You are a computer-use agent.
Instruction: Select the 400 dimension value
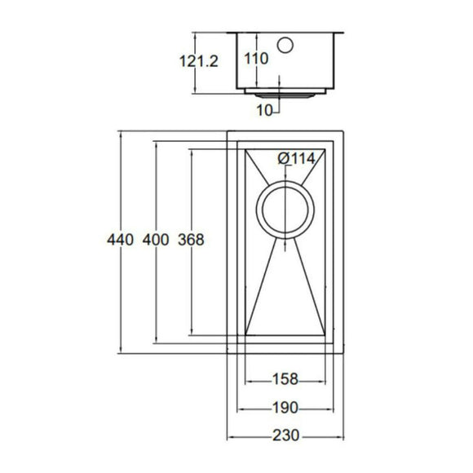pos(155,241)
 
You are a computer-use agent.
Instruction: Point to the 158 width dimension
pos(285,379)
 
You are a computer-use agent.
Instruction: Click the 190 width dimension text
pos(285,407)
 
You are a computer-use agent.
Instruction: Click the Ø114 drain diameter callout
pos(295,159)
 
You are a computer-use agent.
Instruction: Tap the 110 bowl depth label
pos(256,59)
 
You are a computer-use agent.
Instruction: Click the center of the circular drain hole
pos(285,210)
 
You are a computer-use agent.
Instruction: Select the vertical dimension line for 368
pos(190,302)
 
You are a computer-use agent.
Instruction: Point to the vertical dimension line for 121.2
pos(196,82)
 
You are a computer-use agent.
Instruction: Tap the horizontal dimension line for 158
pos(259,379)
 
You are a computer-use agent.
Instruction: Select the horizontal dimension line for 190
pos(253,407)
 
